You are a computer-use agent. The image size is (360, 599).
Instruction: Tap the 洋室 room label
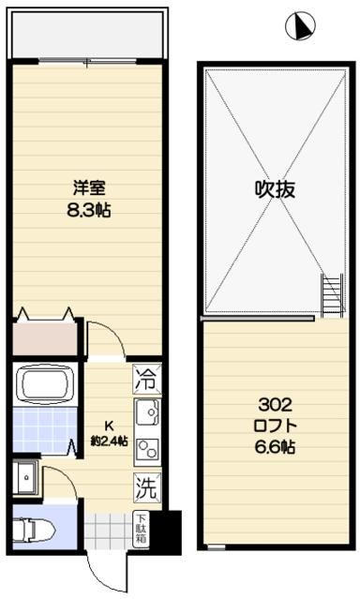(x=89, y=186)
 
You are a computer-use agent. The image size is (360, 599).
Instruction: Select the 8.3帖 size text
(x=89, y=212)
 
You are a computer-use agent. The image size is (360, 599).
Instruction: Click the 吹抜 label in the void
(x=276, y=188)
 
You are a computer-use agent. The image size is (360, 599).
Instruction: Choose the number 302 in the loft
(x=276, y=406)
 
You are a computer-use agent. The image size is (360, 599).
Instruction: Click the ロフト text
(x=276, y=427)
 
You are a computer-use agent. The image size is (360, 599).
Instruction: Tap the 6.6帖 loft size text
(x=276, y=448)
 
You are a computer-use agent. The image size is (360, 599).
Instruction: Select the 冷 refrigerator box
(x=145, y=380)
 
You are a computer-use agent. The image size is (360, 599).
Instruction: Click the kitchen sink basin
(x=147, y=412)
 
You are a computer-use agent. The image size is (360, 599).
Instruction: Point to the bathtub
(x=44, y=383)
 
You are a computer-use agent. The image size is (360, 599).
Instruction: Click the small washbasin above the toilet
(x=25, y=475)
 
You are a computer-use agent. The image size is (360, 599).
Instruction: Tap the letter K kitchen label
(x=107, y=423)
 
